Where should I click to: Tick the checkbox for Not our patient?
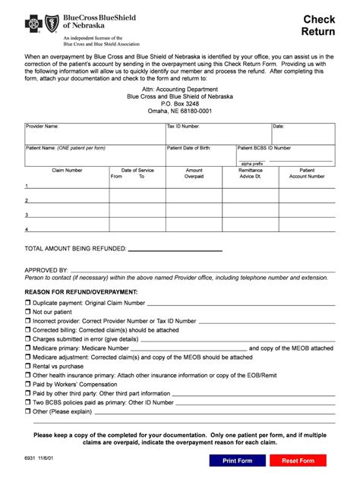click(28, 312)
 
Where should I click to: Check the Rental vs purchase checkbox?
click(28, 366)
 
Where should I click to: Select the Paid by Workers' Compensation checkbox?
click(28, 385)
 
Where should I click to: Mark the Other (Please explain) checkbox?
click(28, 412)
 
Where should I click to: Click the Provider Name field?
click(95, 134)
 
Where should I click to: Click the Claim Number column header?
click(67, 171)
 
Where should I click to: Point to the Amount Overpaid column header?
click(194, 174)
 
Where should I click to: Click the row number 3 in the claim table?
click(27, 215)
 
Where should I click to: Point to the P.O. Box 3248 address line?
click(180, 103)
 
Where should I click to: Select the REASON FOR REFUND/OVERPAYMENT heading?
click(81, 291)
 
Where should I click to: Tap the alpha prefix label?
click(252, 164)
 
